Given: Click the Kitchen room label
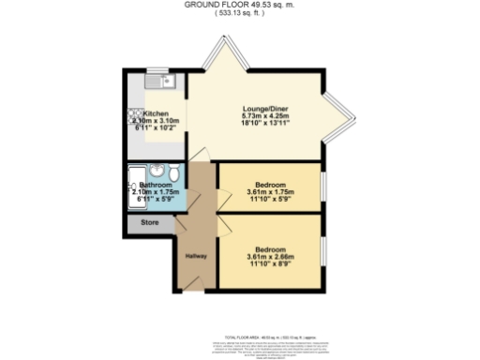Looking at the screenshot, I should pos(156,114).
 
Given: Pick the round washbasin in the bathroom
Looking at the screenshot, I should pos(158,171).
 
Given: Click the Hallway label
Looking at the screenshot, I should pos(194,256).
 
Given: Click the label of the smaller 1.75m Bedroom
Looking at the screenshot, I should pos(270,186).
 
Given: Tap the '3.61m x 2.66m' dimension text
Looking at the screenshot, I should pos(270,256).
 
